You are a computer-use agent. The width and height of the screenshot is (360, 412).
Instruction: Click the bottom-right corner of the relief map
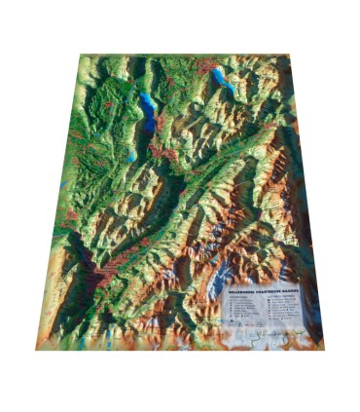pos(322,343)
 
